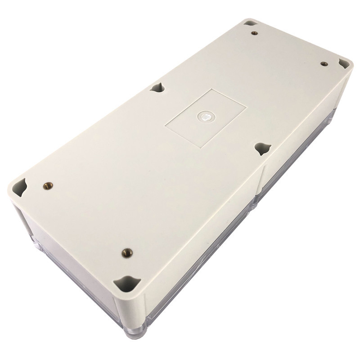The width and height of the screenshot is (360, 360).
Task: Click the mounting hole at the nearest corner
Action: coord(127,283)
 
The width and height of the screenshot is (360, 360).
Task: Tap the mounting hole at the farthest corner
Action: coord(251,22)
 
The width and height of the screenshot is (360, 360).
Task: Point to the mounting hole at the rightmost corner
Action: coord(344,63)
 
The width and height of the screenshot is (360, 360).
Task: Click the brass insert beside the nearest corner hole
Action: coord(127,252)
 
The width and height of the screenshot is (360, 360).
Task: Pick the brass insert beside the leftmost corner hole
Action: coord(47,185)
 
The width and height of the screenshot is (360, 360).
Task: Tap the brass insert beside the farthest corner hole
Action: coord(254,33)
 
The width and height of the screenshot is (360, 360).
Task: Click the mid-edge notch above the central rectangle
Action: coord(157,87)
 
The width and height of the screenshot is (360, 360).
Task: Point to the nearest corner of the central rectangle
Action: coord(199,147)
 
